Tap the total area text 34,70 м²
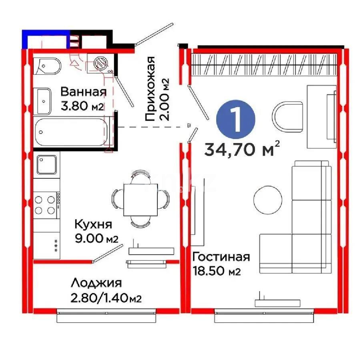pos(242,149)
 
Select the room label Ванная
pos(83,92)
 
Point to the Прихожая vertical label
pos(150,88)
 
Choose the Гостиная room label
pos(221,257)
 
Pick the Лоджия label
pos(96,283)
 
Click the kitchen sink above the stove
pos(46,165)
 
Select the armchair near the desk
pos(287,116)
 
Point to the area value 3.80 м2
pos(82,106)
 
